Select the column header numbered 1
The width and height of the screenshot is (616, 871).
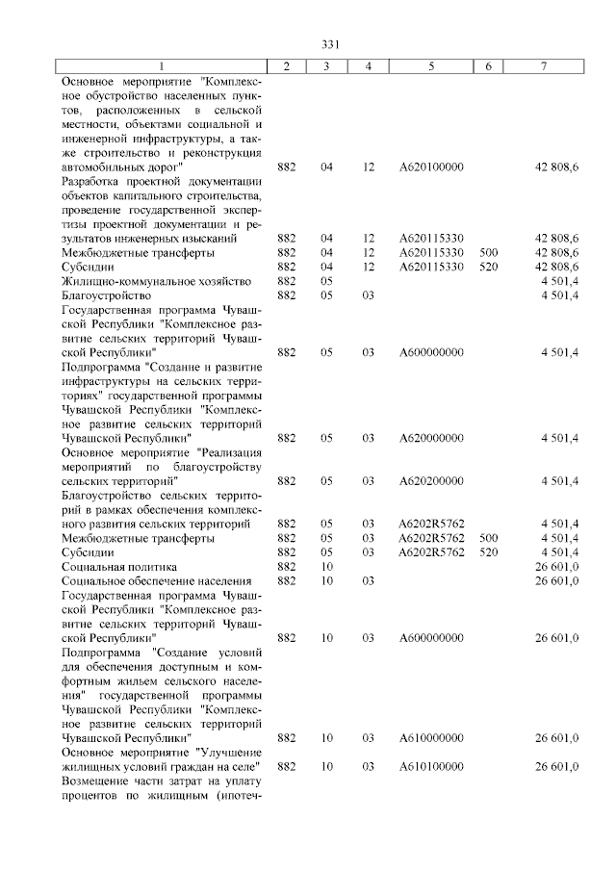[162, 64]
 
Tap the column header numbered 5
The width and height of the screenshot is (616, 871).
[431, 64]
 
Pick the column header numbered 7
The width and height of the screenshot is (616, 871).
[544, 64]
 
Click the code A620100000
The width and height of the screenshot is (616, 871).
[431, 167]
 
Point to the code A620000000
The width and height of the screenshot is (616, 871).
[431, 438]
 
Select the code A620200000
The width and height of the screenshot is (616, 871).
[431, 480]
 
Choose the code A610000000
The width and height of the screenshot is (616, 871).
[431, 737]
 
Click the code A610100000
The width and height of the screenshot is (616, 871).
[431, 766]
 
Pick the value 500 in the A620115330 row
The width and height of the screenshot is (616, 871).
[488, 252]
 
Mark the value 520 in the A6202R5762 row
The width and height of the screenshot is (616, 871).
[488, 552]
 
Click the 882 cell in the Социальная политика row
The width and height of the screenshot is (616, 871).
[286, 567]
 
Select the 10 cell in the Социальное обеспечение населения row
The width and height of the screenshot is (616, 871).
[327, 581]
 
